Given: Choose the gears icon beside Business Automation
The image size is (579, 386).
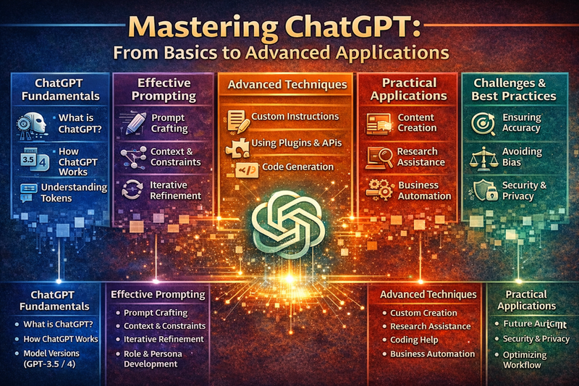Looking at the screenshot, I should click(x=380, y=190).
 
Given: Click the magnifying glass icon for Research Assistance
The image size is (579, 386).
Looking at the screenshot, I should click(x=379, y=156).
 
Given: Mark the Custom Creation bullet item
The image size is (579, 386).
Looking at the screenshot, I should click(x=423, y=313).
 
